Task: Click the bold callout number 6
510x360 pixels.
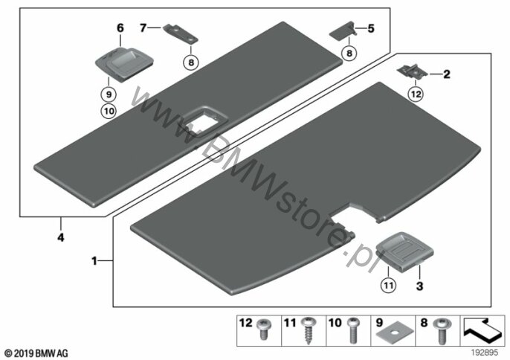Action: tap(120, 28)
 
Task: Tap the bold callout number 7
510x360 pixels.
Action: tap(143, 28)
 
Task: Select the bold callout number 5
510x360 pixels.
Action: tap(371, 28)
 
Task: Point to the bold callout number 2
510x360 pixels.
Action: tap(447, 74)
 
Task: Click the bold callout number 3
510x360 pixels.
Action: tap(419, 286)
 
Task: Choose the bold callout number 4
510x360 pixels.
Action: tap(61, 237)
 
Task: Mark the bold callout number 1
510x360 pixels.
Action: tap(94, 261)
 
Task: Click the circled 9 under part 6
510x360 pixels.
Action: tap(109, 94)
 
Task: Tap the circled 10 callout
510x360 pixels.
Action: tap(109, 112)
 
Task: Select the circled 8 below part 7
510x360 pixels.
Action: tap(191, 62)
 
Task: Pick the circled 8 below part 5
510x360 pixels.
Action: tap(349, 53)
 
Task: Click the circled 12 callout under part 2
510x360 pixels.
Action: tap(416, 94)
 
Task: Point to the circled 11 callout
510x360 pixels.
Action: tap(388, 286)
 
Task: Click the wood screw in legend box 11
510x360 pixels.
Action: tap(308, 331)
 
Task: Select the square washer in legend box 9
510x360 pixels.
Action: tap(395, 334)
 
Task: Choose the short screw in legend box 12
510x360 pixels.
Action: tap(263, 329)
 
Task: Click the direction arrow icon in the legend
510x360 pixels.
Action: tap(482, 331)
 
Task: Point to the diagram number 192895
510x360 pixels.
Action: tap(485, 353)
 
